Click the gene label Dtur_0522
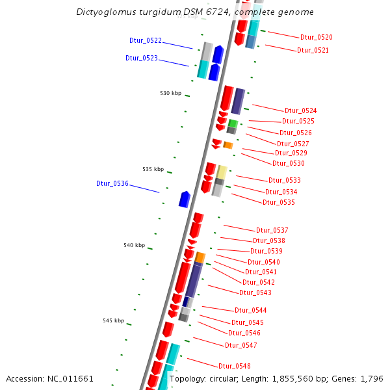[146, 40]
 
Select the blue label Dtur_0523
[142, 58]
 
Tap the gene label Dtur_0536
[112, 183]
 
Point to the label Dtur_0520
[317, 38]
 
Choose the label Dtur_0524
[301, 110]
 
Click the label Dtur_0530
[289, 163]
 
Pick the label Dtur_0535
[279, 202]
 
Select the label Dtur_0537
[272, 230]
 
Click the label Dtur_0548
[235, 366]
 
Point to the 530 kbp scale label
[171, 93]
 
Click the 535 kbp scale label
[153, 169]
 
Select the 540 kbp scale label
[135, 245]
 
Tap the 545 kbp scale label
[113, 320]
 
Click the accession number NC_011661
[71, 378]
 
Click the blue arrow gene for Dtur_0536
[185, 199]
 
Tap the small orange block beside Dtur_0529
[228, 145]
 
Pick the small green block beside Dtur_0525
[232, 123]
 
